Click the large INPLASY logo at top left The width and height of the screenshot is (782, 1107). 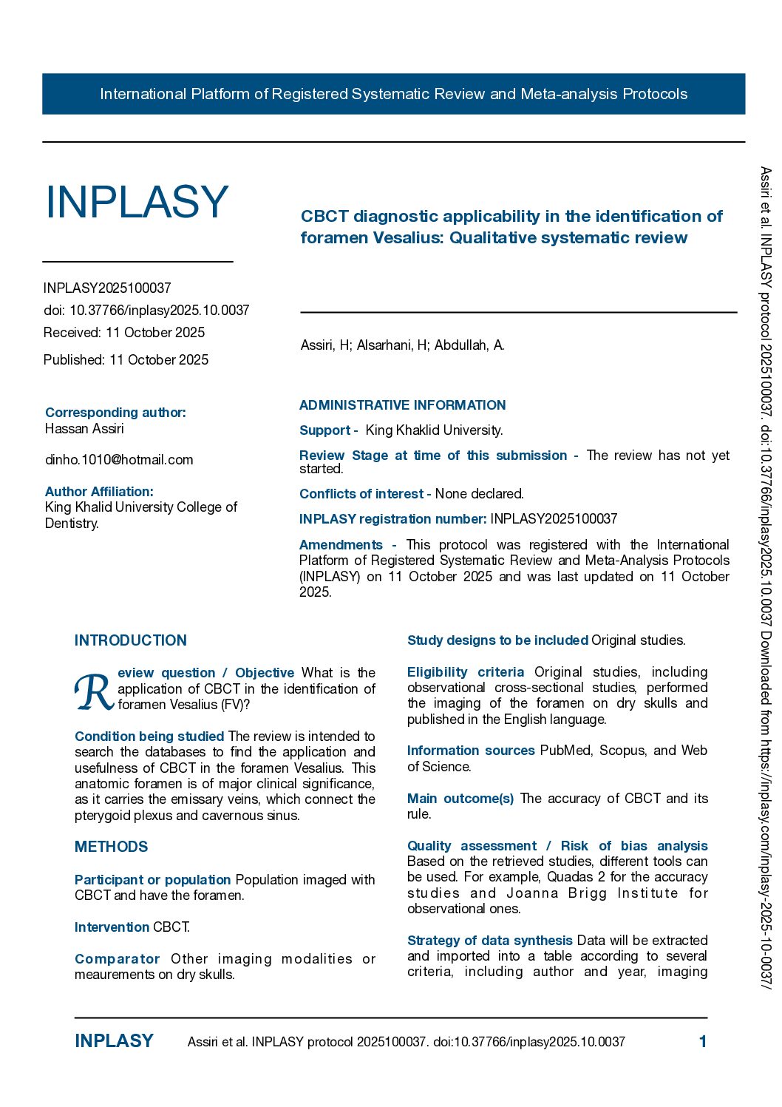click(137, 202)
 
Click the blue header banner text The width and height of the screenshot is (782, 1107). click(393, 94)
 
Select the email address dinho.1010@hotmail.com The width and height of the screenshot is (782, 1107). click(119, 460)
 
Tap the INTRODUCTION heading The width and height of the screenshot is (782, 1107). click(131, 640)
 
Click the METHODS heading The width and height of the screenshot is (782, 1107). click(111, 847)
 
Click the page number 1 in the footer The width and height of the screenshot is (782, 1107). click(702, 1042)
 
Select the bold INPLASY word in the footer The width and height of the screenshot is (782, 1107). click(114, 1041)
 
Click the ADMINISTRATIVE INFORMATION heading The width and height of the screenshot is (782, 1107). click(402, 405)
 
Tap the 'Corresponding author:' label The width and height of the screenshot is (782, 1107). click(115, 413)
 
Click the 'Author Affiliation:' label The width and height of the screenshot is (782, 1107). click(99, 492)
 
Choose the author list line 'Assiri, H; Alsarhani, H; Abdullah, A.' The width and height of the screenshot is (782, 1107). click(402, 345)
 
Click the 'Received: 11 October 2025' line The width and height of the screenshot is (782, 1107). click(124, 333)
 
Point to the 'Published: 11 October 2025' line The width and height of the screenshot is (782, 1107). click(126, 360)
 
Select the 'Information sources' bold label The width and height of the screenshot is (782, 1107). click(471, 751)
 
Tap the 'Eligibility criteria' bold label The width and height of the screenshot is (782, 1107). click(466, 672)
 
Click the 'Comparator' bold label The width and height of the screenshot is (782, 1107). click(117, 959)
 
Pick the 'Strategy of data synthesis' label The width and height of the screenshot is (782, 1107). click(489, 941)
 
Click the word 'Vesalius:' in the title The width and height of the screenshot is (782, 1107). click(407, 238)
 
